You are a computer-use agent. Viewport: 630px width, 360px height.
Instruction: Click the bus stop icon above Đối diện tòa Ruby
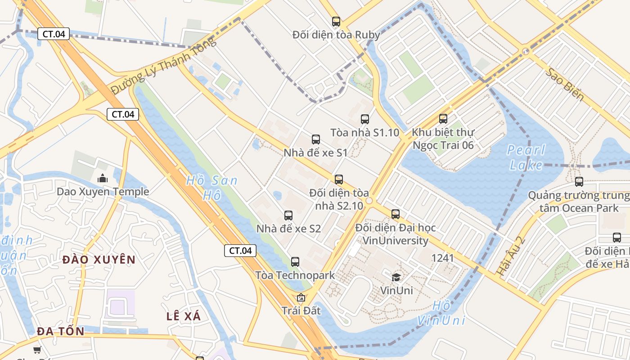(336, 21)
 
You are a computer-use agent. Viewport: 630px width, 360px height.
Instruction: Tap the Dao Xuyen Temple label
(103, 192)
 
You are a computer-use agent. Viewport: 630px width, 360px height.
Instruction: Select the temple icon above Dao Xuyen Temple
(103, 178)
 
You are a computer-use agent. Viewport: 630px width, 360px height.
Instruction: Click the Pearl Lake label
(526, 157)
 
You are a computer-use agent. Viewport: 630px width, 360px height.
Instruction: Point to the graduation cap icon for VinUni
(396, 277)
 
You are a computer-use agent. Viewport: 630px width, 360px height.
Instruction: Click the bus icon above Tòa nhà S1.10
(365, 119)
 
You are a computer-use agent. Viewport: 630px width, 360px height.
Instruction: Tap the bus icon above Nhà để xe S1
(316, 139)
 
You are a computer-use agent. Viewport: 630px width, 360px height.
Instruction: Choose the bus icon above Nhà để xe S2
(288, 216)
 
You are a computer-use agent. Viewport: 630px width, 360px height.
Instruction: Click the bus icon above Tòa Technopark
(295, 262)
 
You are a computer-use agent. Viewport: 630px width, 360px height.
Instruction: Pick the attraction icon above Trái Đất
(301, 297)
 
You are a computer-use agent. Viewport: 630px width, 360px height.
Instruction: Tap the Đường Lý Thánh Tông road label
(163, 67)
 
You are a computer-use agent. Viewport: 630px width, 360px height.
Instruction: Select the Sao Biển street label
(565, 85)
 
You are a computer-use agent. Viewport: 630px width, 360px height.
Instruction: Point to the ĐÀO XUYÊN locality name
(99, 260)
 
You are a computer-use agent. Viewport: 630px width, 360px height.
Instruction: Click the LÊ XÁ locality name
(184, 316)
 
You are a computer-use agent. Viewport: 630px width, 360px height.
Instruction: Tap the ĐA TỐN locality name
(61, 331)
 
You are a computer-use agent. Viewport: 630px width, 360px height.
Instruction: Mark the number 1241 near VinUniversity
(442, 258)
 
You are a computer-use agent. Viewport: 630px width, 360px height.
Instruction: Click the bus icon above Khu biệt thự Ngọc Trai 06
(443, 119)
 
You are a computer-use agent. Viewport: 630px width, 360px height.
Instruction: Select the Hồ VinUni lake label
(441, 313)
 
